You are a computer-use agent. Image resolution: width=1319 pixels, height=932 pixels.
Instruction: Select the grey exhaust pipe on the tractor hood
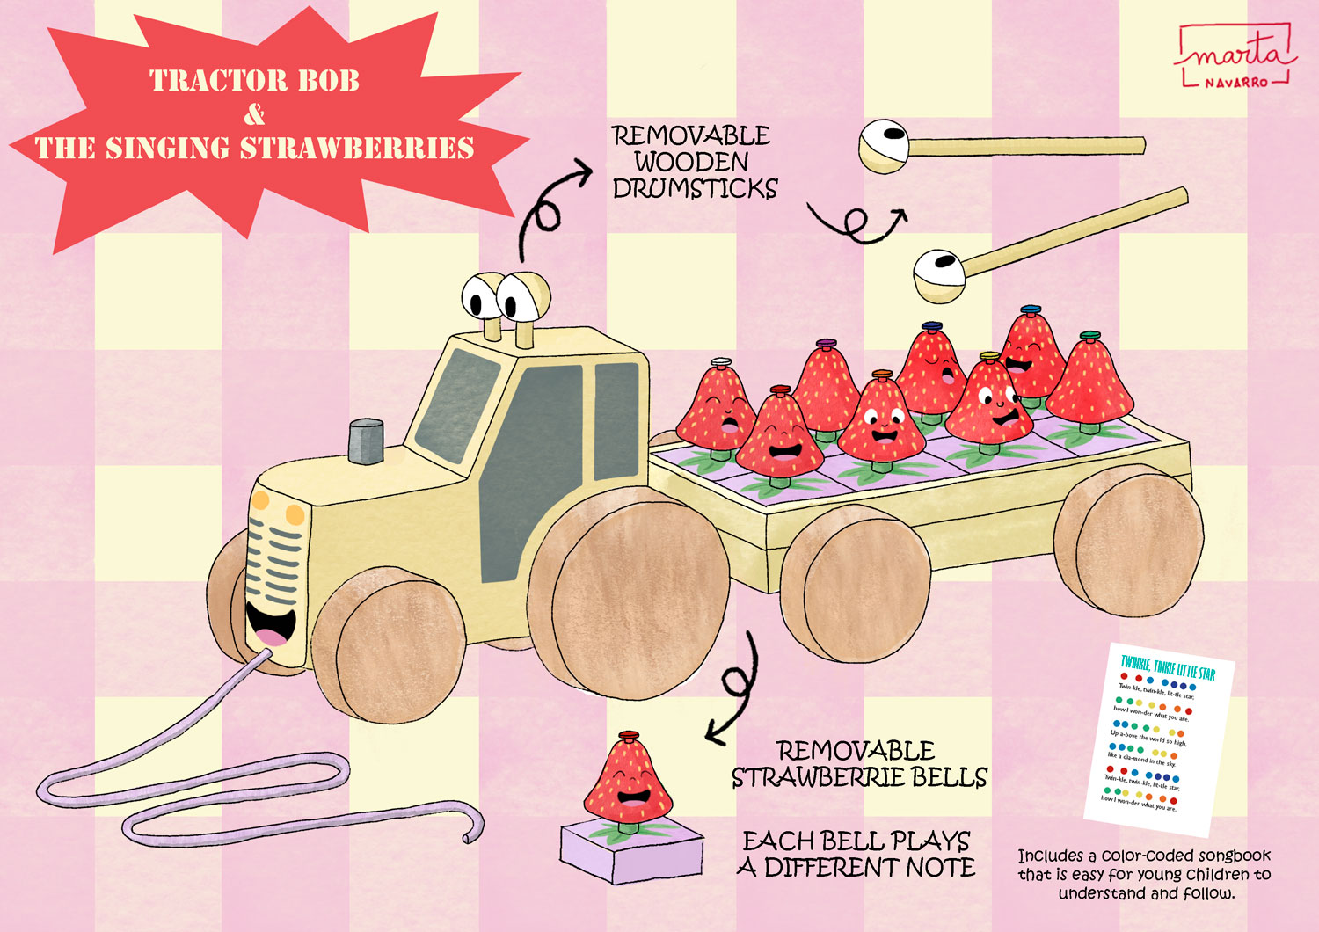(366, 441)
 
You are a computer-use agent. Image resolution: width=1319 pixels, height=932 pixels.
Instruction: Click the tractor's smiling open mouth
(268, 623)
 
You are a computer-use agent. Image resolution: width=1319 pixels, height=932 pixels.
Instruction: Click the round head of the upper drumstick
(882, 144)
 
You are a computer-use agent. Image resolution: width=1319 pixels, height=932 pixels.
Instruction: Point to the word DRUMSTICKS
(696, 189)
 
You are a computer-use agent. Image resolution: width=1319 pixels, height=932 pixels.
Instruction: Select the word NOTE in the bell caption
(941, 868)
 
